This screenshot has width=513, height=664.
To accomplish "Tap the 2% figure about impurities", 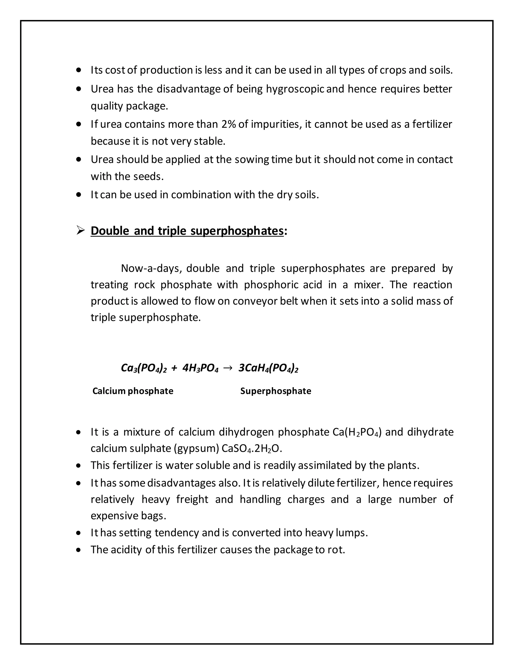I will point(228,124).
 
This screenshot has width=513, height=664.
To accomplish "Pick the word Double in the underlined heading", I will point(110,231).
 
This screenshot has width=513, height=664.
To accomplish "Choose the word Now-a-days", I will point(151,268).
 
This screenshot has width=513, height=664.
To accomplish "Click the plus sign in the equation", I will point(174,368).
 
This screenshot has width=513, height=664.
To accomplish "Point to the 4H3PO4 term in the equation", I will point(200,368).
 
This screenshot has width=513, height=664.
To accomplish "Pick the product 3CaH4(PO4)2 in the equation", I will point(268,368).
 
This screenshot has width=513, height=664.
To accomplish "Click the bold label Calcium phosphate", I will point(133,391).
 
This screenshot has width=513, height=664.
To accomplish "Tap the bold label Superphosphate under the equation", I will point(276,391).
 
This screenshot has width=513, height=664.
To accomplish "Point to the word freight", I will point(192,499).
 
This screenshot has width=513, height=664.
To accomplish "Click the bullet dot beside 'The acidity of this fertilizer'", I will point(79,550).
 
